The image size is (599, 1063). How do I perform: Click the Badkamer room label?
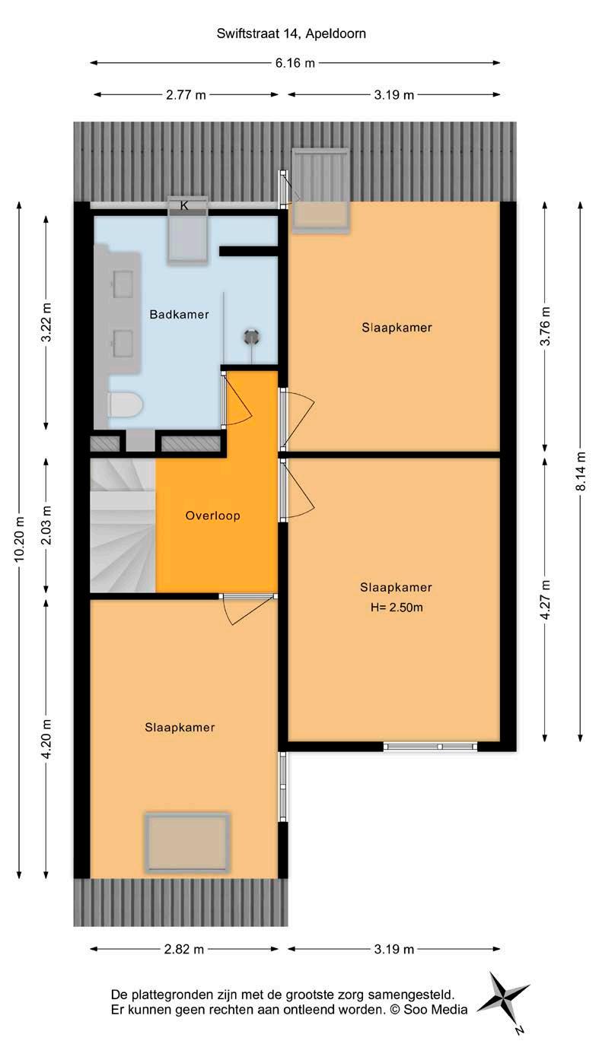[179, 314]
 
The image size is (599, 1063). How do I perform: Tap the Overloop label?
[213, 516]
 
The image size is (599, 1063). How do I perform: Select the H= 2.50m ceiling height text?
[397, 608]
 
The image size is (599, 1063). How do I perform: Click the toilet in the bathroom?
[126, 405]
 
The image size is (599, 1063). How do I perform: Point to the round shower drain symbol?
[251, 337]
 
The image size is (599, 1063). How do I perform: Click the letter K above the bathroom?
[184, 205]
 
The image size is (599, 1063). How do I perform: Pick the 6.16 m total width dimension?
[295, 62]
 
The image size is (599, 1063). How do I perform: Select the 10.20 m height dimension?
[19, 539]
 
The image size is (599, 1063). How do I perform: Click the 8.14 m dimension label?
[581, 471]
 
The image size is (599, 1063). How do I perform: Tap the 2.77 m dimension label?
[186, 95]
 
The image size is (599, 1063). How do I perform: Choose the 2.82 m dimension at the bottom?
[184, 949]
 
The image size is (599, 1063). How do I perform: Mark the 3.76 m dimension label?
[545, 326]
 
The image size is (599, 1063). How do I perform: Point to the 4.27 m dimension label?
[545, 599]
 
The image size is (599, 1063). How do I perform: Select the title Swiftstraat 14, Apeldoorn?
[292, 33]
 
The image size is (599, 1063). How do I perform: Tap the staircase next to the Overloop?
[123, 525]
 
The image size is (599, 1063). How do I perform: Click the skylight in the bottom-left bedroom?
[187, 842]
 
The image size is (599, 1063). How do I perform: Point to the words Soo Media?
[435, 1009]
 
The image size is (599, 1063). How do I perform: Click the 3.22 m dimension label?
[46, 322]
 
